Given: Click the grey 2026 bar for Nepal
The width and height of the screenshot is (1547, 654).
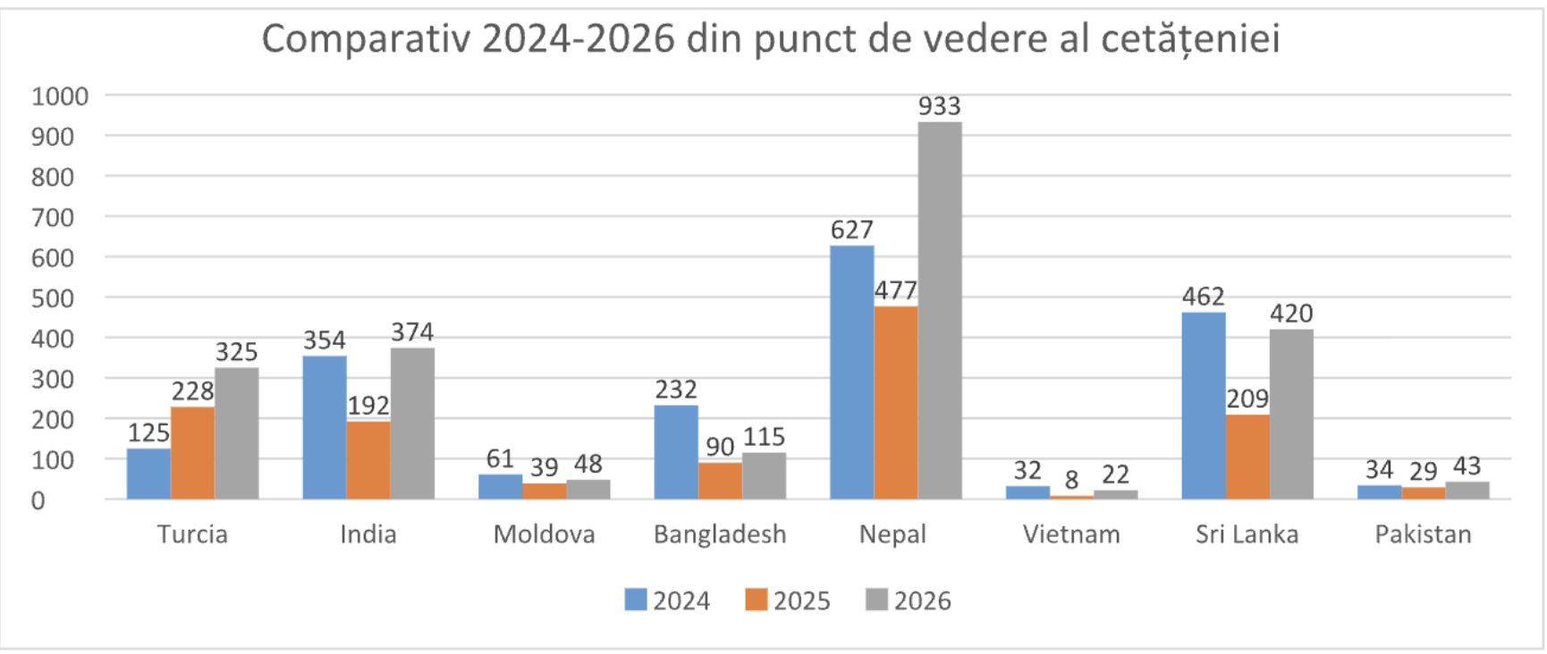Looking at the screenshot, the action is coord(940,310).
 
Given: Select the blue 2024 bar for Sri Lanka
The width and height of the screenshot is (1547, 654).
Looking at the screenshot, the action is coord(1204,406).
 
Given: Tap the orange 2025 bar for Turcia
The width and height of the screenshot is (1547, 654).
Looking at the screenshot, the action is coord(193,453).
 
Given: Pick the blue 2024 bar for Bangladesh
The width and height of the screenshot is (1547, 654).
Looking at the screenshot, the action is coord(676,452).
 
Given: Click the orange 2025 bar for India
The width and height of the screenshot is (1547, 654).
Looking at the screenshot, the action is coord(368,460).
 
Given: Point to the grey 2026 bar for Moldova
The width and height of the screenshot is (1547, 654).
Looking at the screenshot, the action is coord(588,490).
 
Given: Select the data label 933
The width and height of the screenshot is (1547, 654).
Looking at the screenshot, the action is coord(940,106).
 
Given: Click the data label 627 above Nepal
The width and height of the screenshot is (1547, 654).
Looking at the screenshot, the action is coord(852,230).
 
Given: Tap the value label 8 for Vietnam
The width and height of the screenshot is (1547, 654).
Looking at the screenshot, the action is coord(1071,480).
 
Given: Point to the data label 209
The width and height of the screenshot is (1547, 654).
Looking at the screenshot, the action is coord(1247,398).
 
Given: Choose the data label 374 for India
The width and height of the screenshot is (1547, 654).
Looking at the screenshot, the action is coord(412,332).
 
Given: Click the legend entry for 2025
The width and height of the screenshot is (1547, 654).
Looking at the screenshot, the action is coord(788,600).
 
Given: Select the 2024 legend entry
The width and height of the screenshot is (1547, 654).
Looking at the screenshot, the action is coord(667,600).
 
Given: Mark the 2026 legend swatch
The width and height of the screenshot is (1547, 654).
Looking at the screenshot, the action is coord(876,599).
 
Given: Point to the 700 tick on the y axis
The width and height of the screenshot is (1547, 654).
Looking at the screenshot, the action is coord(53,217).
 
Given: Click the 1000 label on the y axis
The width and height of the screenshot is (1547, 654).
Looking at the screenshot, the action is coord(60,96).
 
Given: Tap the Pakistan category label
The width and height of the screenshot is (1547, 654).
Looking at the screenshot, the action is coord(1423,534).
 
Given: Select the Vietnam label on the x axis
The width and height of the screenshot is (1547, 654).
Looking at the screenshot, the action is coord(1071,534).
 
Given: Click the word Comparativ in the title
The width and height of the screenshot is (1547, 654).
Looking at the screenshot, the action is coord(366,39).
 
